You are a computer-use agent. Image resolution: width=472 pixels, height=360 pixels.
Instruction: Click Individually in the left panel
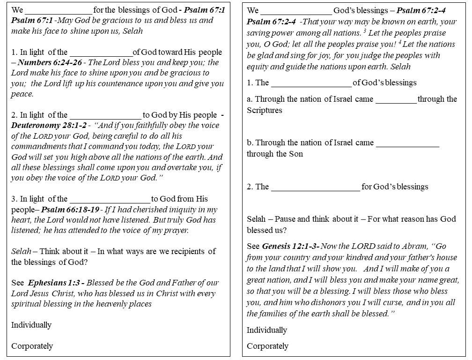click(x=31, y=325)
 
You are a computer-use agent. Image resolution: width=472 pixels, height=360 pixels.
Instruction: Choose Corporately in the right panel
click(x=268, y=346)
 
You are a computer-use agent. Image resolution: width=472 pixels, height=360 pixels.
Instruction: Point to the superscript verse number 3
click(x=364, y=31)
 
